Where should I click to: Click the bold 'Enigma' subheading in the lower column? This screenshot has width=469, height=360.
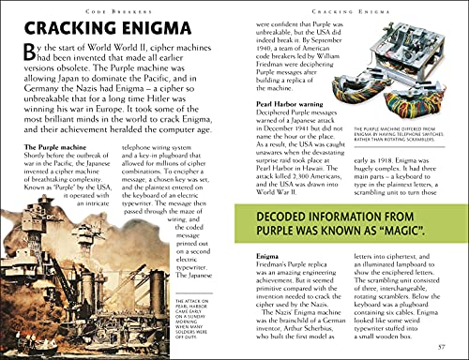coord(269,255)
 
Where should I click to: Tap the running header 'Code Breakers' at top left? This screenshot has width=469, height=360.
coord(117,7)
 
